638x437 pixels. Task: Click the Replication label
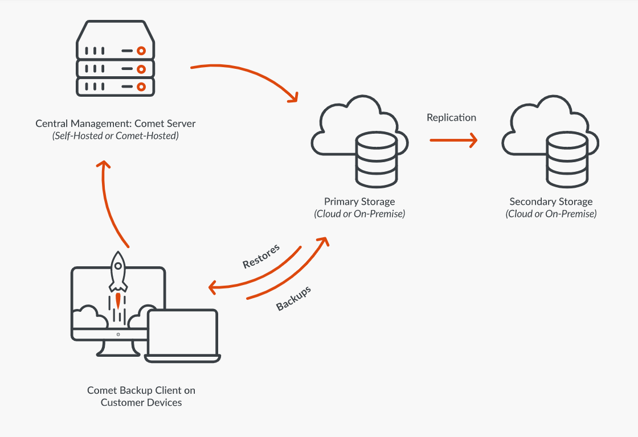point(451,118)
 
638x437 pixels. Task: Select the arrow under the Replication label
point(453,140)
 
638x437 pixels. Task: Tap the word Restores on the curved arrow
point(261,257)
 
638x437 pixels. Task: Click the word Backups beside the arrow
point(293,298)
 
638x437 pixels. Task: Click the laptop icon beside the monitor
point(182,336)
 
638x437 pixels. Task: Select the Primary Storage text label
point(359,201)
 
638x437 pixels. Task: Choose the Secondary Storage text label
point(551,201)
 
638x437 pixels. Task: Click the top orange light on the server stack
point(141,51)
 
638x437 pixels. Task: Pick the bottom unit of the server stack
point(116,86)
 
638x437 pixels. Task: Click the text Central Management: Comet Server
point(116,123)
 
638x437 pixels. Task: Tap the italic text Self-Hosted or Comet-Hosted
point(116,136)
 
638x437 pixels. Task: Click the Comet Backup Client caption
point(141,396)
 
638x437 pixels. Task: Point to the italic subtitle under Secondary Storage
point(551,215)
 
